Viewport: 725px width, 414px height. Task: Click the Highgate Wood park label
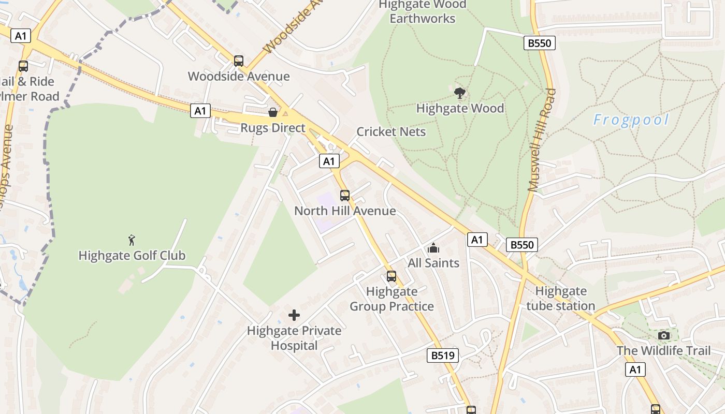[460, 108]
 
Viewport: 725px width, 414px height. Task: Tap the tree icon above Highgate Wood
[459, 93]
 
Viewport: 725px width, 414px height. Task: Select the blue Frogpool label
[631, 120]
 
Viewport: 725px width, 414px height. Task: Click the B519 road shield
[443, 356]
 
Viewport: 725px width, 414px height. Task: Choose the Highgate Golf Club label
[132, 255]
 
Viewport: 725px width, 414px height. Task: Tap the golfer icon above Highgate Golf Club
[132, 240]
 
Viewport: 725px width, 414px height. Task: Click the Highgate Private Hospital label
[294, 338]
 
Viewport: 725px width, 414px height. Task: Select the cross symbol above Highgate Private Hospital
[294, 315]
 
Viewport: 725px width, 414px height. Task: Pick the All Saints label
[433, 263]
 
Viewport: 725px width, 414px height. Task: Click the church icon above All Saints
[433, 248]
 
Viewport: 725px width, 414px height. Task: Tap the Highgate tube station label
[561, 298]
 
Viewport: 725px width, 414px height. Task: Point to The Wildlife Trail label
[663, 350]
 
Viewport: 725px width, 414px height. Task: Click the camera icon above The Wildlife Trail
[664, 336]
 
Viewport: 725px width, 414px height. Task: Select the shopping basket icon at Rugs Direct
[272, 112]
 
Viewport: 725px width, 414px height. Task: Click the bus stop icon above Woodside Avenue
[238, 61]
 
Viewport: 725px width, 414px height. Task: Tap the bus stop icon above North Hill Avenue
[345, 196]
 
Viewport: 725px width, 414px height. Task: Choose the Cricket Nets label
[391, 131]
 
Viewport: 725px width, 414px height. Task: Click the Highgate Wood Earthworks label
[423, 11]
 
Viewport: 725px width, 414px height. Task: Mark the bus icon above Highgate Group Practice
[392, 276]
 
